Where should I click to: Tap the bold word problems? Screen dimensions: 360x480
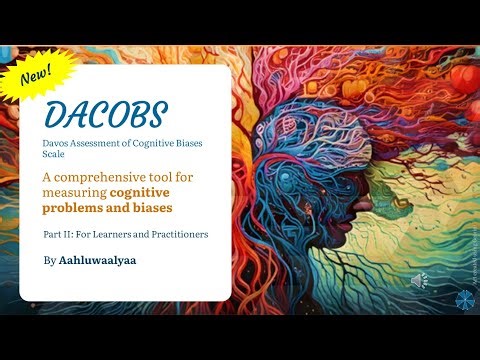pyautogui.click(x=72, y=207)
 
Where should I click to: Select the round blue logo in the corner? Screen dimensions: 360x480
pyautogui.click(x=463, y=298)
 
